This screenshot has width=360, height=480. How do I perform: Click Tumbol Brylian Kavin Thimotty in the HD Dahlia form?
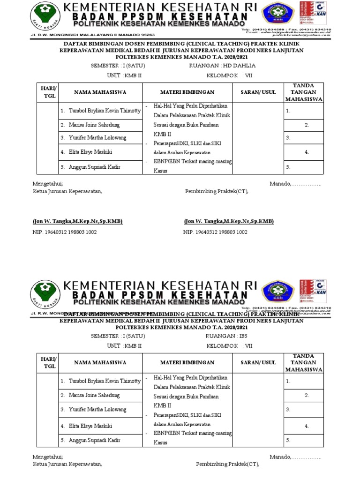click(x=105, y=111)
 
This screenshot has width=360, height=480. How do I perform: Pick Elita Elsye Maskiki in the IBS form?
click(x=90, y=426)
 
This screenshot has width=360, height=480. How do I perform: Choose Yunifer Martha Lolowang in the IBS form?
click(x=97, y=409)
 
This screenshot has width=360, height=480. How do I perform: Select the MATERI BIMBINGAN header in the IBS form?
click(x=187, y=362)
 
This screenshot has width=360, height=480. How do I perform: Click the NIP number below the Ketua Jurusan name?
click(x=65, y=232)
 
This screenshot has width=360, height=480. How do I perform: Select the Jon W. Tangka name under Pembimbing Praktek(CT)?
click(x=229, y=221)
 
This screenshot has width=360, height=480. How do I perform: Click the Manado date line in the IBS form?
click(x=295, y=457)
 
